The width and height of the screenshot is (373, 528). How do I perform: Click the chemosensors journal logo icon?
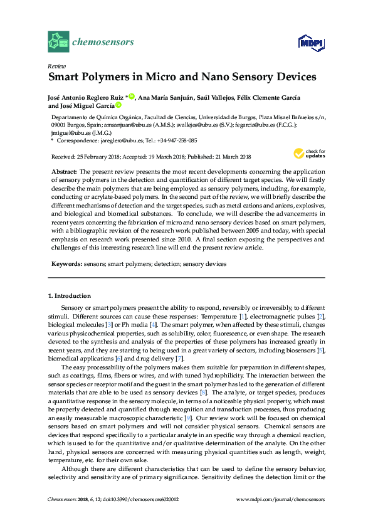click(59, 43)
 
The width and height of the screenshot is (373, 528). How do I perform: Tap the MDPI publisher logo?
click(308, 43)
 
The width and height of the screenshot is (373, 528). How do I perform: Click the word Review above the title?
click(58, 66)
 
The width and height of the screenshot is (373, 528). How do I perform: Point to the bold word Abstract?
click(64, 171)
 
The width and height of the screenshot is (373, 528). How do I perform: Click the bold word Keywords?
click(66, 264)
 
